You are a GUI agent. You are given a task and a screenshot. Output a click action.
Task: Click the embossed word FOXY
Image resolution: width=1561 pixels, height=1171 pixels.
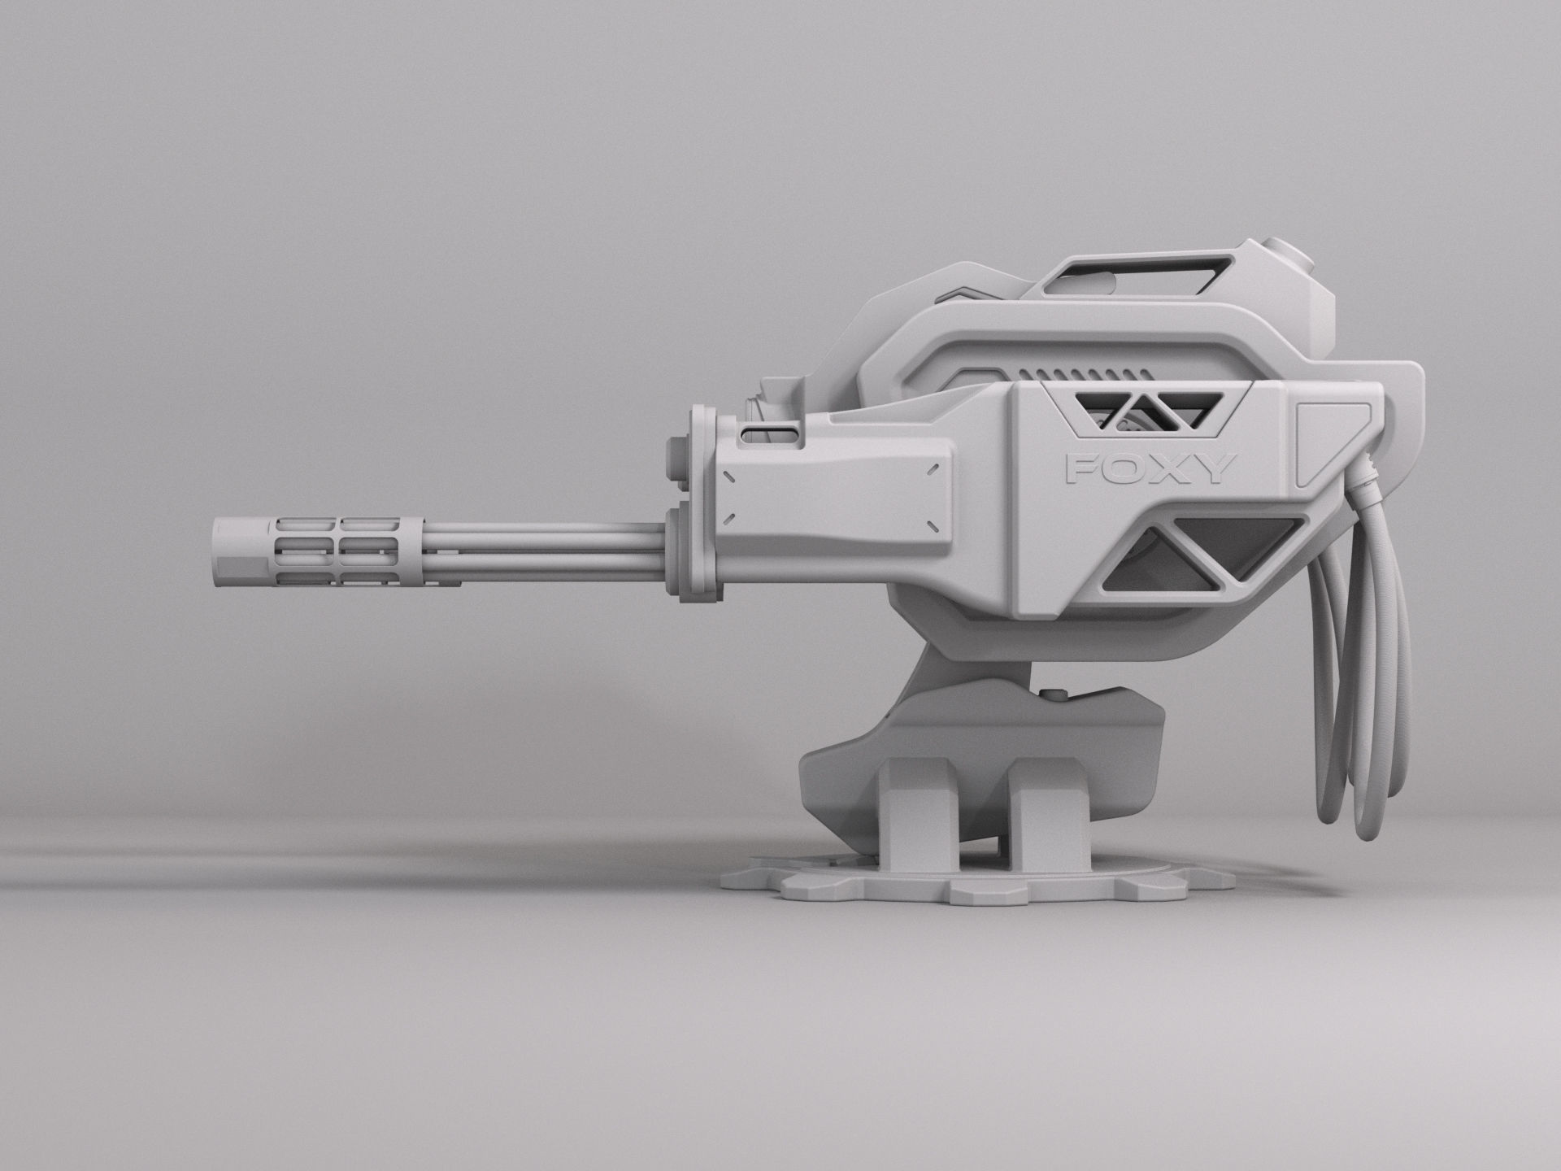[x=1150, y=468]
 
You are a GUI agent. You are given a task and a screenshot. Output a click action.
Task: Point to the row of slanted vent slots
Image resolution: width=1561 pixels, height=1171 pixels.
[x=1081, y=372]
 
